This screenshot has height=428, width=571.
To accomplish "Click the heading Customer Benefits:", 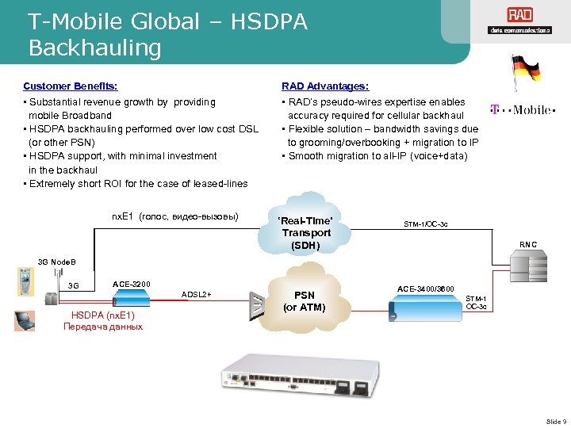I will [71, 86].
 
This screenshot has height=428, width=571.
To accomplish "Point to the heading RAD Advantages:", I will [325, 86].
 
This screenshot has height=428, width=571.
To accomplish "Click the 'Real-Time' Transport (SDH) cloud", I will [306, 233].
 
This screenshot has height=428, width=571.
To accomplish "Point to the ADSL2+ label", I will [197, 294].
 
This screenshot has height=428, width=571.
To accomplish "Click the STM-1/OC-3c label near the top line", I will [426, 224].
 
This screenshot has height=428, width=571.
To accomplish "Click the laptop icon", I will [25, 319].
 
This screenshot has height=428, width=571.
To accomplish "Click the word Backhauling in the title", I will [94, 48].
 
